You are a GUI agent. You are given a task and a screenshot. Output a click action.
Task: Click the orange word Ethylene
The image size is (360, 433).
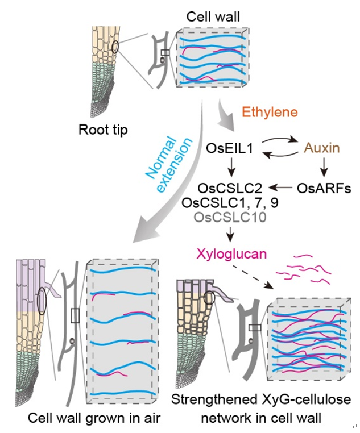(x=266, y=112)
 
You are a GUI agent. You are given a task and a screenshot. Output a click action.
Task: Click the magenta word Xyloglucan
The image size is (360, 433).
(x=231, y=253)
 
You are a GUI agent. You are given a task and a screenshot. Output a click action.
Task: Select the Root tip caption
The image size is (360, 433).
(x=103, y=130)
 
